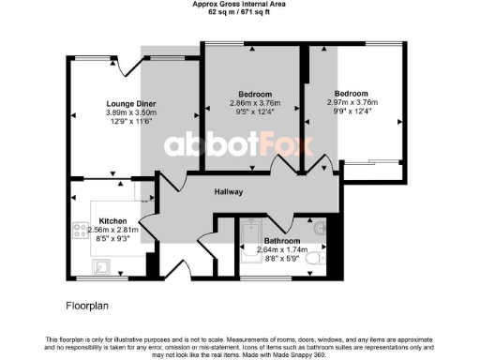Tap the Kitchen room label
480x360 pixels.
pos(112,221)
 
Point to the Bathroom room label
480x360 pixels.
pos(280,241)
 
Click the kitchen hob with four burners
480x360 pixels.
pos(82,229)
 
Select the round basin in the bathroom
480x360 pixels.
pos(320,226)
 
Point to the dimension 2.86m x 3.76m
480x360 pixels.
pos(254,104)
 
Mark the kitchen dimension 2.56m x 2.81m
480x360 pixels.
pos(112,230)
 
